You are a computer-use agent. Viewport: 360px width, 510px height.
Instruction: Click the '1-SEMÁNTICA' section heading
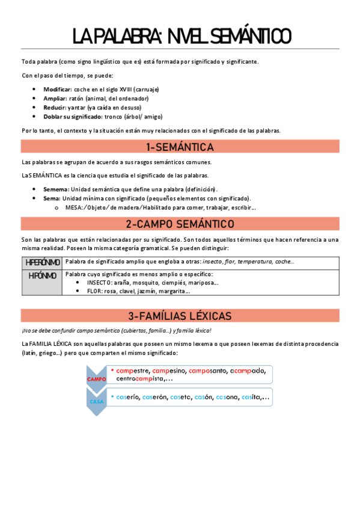180,147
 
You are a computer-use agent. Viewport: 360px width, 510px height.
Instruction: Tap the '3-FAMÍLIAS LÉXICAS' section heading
180,316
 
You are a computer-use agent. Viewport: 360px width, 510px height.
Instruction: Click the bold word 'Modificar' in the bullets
57,89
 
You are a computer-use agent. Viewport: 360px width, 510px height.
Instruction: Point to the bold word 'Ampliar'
54,98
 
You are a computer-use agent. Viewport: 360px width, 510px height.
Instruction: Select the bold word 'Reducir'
54,107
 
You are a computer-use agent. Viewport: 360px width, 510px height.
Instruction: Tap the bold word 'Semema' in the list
55,189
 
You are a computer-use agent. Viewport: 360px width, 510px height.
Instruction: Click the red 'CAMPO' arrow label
96,379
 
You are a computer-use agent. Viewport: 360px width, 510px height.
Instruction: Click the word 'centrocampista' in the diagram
144,379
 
